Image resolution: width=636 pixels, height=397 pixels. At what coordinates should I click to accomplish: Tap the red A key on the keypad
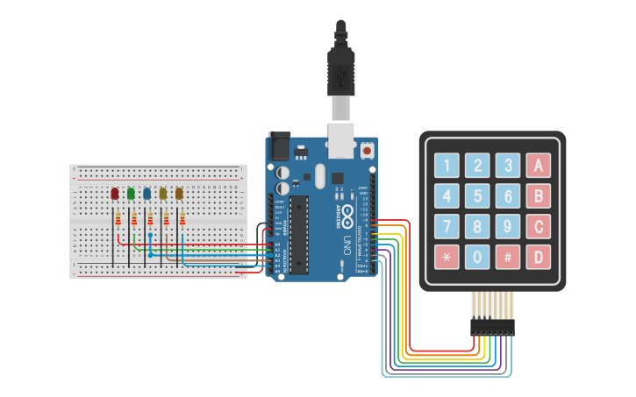[x=538, y=165]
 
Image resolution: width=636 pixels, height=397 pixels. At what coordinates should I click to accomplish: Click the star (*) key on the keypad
[x=447, y=257]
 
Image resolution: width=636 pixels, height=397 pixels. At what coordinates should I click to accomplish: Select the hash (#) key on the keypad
[x=507, y=257]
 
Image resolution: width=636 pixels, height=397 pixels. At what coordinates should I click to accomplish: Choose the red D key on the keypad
[x=538, y=257]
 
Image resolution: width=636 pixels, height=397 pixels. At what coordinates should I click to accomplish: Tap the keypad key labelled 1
[x=447, y=165]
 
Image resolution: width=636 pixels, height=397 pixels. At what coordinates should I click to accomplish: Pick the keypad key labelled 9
[x=507, y=226]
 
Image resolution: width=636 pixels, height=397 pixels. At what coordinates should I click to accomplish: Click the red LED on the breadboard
[x=115, y=193]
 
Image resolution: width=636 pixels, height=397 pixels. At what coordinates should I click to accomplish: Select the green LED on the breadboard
[x=131, y=193]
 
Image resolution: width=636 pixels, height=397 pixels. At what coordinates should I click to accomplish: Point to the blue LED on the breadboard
[x=146, y=193]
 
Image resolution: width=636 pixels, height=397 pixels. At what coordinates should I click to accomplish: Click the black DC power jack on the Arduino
[x=280, y=145]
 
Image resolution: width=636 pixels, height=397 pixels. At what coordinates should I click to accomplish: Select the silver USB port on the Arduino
[x=340, y=140]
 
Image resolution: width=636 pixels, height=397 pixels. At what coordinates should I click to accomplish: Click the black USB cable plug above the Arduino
[x=340, y=70]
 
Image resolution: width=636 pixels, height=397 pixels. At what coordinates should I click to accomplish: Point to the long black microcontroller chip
[x=300, y=232]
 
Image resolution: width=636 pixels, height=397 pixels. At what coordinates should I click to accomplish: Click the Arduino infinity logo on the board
[x=347, y=214]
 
